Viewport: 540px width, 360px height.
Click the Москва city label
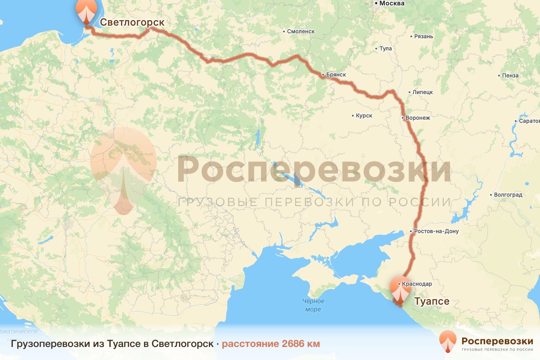point(391,4)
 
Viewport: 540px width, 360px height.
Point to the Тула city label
point(386,49)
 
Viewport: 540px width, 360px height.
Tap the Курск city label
point(364,116)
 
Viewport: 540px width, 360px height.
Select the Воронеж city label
point(418,118)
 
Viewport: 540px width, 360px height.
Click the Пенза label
point(511,76)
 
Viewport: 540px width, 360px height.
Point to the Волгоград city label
point(508,195)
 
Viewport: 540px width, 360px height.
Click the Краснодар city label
point(417,284)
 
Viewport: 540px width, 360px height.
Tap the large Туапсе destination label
point(431,301)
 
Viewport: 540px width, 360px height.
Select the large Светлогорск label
point(132,22)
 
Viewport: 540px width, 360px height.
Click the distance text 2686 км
point(271,344)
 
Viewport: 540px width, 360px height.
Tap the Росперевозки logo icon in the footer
point(448,341)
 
